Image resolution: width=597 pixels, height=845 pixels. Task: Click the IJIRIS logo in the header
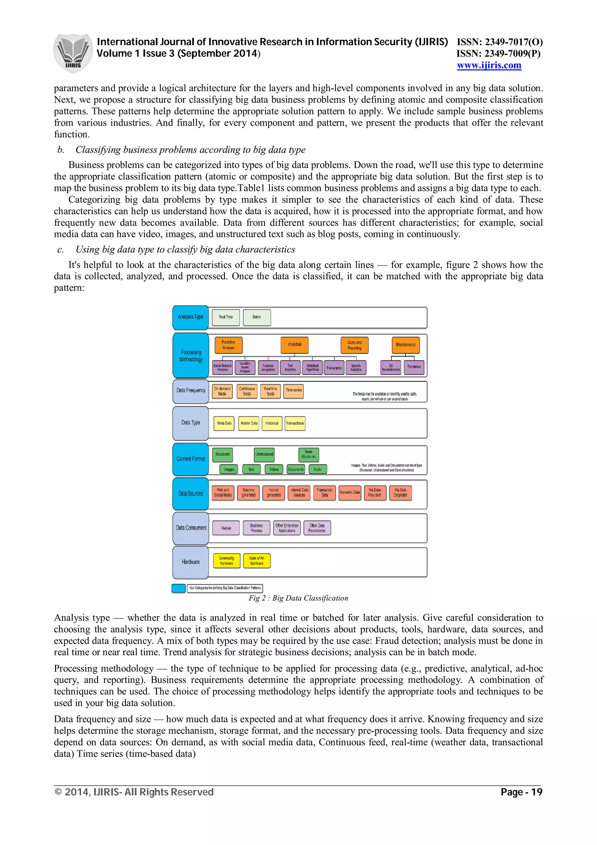pyautogui.click(x=73, y=53)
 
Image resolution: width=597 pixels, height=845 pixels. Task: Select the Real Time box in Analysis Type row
pyautogui.click(x=226, y=317)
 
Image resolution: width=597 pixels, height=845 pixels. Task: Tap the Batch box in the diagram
pyautogui.click(x=257, y=317)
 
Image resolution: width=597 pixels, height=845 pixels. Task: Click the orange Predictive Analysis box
pyautogui.click(x=229, y=345)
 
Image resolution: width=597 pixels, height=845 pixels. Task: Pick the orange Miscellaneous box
pyautogui.click(x=405, y=345)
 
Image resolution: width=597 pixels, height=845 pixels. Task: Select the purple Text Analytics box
pyautogui.click(x=290, y=367)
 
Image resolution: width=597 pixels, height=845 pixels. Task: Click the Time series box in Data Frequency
pyautogui.click(x=294, y=391)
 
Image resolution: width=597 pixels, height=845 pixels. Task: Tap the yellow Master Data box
pyautogui.click(x=249, y=424)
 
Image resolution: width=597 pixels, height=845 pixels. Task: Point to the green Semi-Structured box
pyautogui.click(x=309, y=455)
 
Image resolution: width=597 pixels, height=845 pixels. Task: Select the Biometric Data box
pyautogui.click(x=350, y=492)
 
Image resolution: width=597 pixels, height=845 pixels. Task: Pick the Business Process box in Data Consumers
pyautogui.click(x=257, y=528)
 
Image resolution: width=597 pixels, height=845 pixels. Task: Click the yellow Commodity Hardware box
pyautogui.click(x=226, y=561)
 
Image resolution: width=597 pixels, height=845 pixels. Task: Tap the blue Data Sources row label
pyautogui.click(x=191, y=494)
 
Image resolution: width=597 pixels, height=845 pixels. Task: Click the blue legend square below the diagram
pyautogui.click(x=179, y=588)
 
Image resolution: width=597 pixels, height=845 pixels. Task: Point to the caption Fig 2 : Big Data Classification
pyautogui.click(x=298, y=598)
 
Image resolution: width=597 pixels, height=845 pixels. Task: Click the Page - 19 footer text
pyautogui.click(x=521, y=792)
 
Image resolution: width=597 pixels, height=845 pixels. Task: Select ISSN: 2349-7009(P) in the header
pyautogui.click(x=498, y=54)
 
